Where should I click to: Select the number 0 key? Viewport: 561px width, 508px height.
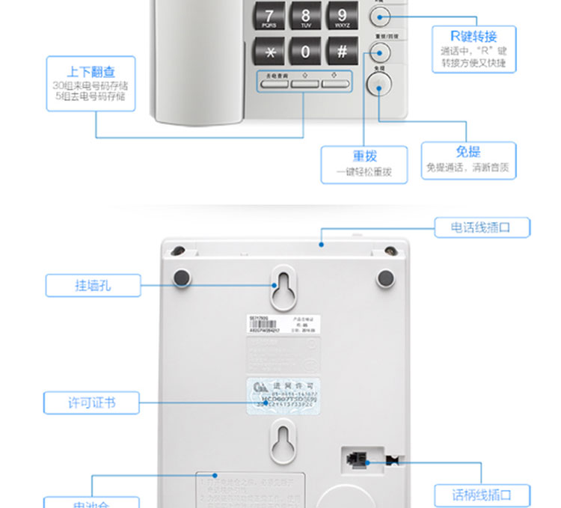click(x=305, y=51)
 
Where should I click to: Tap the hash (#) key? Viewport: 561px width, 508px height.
click(x=342, y=51)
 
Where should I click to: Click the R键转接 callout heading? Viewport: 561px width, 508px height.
click(x=473, y=36)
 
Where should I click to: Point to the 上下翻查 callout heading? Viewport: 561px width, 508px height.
click(x=91, y=72)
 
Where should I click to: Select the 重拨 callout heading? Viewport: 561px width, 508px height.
click(x=364, y=156)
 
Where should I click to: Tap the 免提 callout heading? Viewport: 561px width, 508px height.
click(x=467, y=152)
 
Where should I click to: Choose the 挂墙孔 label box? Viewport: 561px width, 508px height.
click(x=93, y=285)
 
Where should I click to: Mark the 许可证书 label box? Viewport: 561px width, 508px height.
click(x=91, y=403)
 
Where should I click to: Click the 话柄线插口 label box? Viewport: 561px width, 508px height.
click(x=482, y=495)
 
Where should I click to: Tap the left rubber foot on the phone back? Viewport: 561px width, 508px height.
click(x=182, y=278)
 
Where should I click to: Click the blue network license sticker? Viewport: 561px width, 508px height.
click(x=283, y=394)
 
